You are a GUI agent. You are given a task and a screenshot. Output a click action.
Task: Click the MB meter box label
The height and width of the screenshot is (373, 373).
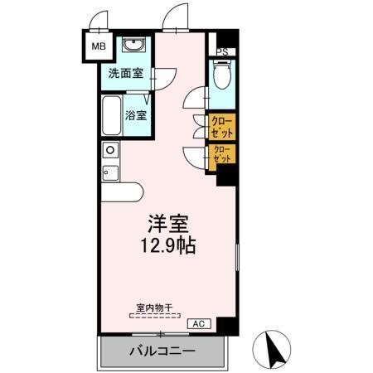[x=99, y=46]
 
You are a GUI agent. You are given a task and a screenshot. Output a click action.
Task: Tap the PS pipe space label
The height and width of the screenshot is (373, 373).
[x=221, y=51]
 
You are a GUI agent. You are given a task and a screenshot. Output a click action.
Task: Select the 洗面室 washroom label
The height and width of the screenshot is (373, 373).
[x=125, y=73]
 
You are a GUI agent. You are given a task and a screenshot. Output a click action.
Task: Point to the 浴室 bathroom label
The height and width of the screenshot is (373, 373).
[x=137, y=115]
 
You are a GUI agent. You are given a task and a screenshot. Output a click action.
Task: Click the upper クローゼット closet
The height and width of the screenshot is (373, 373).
[x=221, y=128]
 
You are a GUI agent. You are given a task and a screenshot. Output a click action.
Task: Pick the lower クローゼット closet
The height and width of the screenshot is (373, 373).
[x=221, y=155]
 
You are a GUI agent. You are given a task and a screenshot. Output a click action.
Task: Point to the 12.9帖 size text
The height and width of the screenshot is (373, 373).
[x=169, y=246]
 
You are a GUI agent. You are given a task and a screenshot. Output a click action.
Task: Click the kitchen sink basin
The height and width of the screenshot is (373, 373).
[x=109, y=150]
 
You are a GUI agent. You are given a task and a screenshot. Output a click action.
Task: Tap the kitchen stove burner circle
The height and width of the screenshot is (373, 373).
[x=105, y=172]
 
